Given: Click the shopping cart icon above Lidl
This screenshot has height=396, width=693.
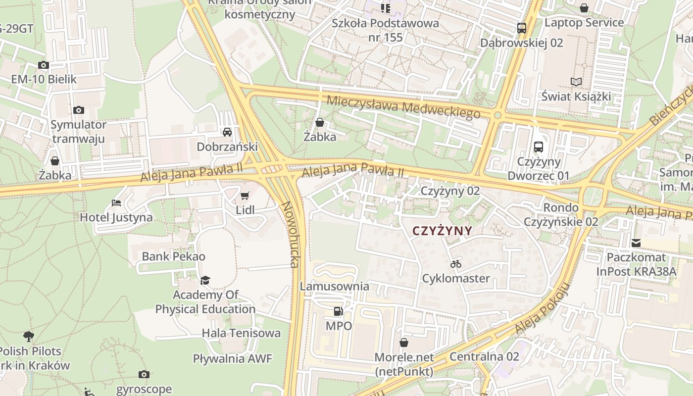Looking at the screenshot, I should pos(245,196).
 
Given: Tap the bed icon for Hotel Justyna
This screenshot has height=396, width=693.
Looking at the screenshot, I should pos(116,203).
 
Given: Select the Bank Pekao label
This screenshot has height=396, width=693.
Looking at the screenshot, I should pos(173,256).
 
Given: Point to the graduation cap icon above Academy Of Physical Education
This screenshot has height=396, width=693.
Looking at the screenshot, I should pos(205,281).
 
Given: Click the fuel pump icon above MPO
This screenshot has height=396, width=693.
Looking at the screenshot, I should pos(339,311).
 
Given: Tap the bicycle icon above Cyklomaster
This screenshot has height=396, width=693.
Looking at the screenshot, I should pos(456,264).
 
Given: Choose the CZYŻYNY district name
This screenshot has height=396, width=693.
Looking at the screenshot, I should pos(442,231).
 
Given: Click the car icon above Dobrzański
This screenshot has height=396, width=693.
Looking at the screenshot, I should pos(227,132).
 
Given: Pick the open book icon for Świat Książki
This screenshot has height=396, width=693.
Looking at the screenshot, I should pos(576,82).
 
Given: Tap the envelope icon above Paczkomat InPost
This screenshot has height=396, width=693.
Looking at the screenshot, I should pos(636,243).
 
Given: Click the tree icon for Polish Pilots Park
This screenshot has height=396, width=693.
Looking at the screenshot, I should pos(29,337).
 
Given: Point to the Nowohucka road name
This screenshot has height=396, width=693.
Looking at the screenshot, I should pos(290,234).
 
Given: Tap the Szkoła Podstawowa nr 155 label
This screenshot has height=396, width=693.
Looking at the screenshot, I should pos(385,30).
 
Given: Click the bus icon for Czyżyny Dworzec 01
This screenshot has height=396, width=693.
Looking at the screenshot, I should pos(538,147).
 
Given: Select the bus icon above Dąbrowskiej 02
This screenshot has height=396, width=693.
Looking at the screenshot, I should pos(521,28).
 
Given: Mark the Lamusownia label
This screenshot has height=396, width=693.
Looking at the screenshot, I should pos(334,286).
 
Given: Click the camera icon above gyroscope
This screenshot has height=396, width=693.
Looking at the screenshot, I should pos(144,374).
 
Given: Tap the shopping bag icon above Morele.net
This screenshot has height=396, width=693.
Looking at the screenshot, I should pos(404,343).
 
